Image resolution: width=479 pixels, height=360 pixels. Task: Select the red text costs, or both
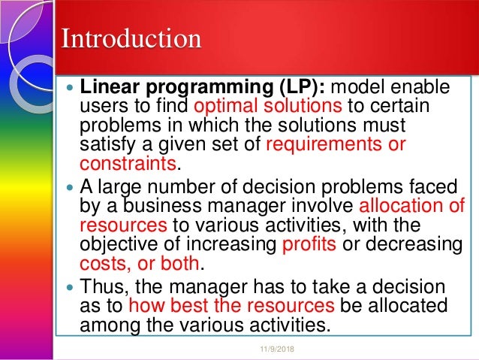point(140,263)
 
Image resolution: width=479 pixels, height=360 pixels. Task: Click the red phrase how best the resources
point(231,306)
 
